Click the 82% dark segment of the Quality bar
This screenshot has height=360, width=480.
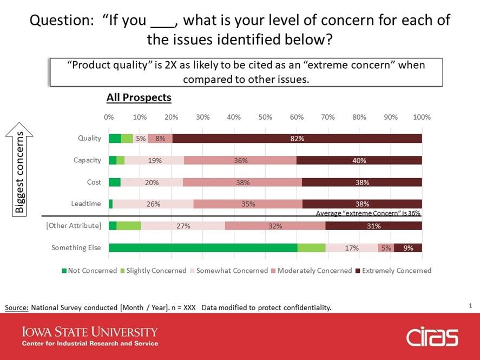pos(297,139)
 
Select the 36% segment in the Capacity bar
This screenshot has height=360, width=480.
pos(240,160)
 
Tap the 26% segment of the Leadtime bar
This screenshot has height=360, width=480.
pos(153,204)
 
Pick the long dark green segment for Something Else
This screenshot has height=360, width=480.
pos(203,247)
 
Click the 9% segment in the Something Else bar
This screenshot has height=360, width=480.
pos(408,247)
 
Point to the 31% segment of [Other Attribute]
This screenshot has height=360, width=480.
pos(374,226)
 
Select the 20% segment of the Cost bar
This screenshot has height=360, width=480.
pos(152,182)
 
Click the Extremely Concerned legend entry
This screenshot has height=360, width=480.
pos(393,271)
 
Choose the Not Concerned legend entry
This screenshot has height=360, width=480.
pos(89,271)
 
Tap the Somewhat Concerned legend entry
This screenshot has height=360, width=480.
pos(229,271)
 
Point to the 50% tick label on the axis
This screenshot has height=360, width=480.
pos(265,117)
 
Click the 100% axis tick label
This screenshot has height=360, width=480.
pos(422,117)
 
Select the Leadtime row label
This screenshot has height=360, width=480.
pos(86,204)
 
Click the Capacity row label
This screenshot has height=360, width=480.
pos(87,160)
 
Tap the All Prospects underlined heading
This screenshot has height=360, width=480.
pos(139,97)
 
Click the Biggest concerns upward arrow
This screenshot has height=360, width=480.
pos(19,169)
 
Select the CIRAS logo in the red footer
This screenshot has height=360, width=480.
pos(432,337)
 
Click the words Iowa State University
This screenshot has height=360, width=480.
pos(90,332)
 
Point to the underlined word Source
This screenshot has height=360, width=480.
pos(17,307)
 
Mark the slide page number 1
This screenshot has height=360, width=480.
pos(470,305)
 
